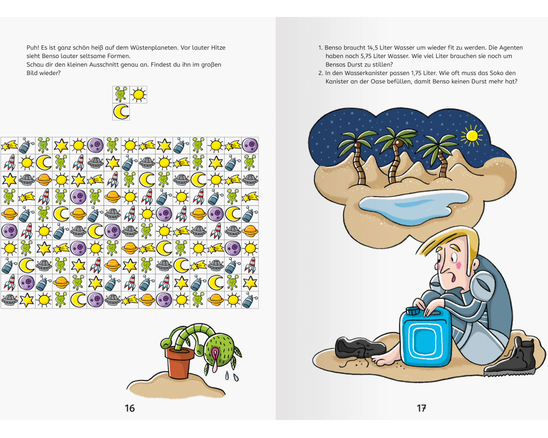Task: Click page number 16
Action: pos(130,408)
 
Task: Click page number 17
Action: pos(421,408)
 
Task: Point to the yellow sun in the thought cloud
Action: pos(472,136)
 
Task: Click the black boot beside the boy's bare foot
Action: pos(361,348)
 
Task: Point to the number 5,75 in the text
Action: pos(367,56)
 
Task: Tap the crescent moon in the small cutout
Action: pos(121,112)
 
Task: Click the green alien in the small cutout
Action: pos(121,95)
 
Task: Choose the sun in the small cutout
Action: pos(139,95)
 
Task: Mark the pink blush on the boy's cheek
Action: pos(458,265)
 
